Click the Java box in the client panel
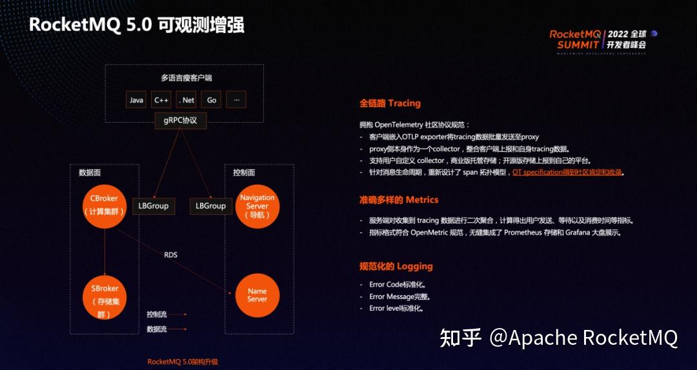tap(136, 100)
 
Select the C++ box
tap(161, 100)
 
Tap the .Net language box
tap(186, 100)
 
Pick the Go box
tap(211, 100)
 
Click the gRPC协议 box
tap(180, 119)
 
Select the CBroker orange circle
tap(104, 205)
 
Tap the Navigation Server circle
tap(257, 205)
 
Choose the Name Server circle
tap(257, 294)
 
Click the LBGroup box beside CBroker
tap(154, 205)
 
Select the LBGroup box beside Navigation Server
tap(211, 205)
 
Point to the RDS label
tap(170, 254)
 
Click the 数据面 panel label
tap(90, 172)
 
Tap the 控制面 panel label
tap(244, 172)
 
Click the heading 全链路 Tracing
tap(390, 103)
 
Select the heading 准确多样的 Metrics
tap(399, 200)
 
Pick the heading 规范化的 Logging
tap(396, 266)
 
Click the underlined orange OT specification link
tap(568, 172)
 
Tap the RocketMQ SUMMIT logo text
tap(574, 39)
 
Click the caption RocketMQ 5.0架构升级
tap(183, 362)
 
